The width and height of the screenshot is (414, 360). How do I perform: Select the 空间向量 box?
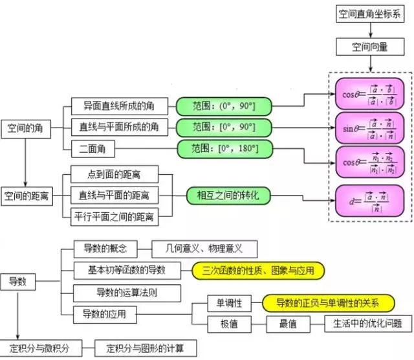point(370,46)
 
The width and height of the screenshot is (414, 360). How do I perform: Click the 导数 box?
point(17,282)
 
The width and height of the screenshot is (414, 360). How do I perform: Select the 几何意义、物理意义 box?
point(204,248)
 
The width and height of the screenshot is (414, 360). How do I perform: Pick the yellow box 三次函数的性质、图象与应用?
point(257,269)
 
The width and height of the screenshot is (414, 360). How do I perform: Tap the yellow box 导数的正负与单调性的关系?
point(327,302)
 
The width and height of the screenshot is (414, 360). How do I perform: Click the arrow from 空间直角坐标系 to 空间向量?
point(370,30)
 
